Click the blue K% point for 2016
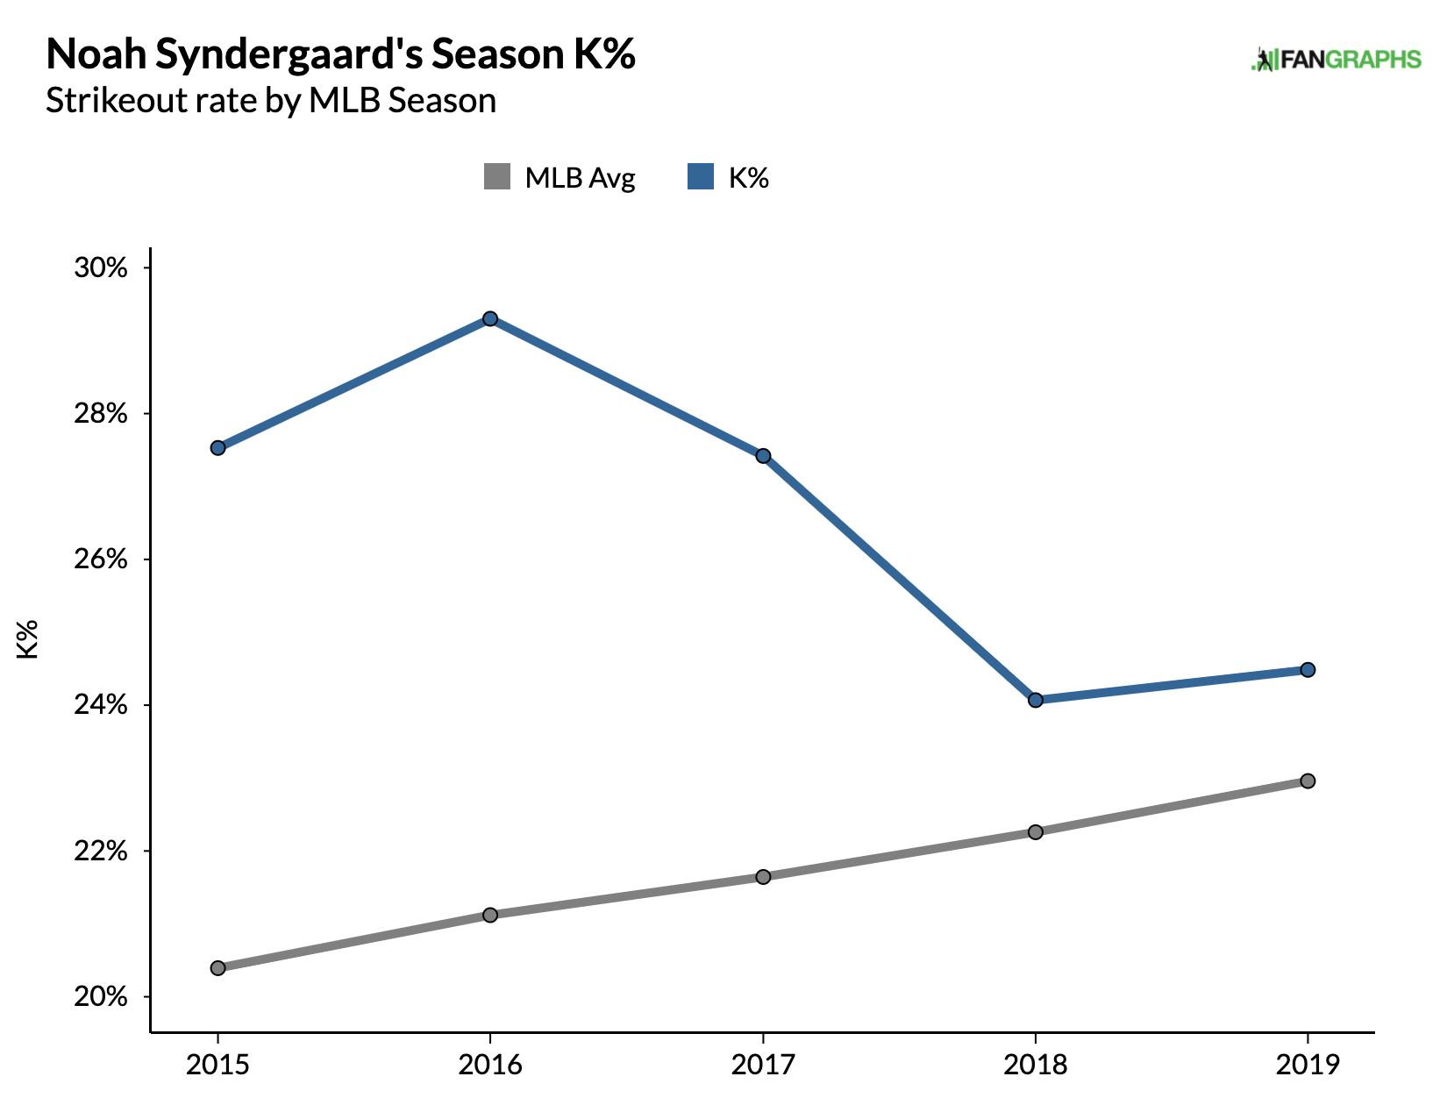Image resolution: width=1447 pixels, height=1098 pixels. coord(490,318)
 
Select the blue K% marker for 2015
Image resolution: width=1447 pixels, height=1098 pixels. coord(218,448)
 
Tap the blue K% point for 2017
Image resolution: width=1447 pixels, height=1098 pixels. coord(763,456)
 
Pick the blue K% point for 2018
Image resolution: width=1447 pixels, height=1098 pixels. coord(1036,700)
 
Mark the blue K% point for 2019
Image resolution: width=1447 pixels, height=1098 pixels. coord(1308,670)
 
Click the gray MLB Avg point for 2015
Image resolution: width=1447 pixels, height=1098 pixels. coord(218,968)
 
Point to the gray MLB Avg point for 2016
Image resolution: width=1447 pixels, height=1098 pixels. coord(490,916)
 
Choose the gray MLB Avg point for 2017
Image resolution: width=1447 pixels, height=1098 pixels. coord(763,877)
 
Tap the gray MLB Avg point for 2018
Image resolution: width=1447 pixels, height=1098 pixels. coord(1036,831)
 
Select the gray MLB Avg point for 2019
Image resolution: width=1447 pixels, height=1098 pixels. coord(1308,781)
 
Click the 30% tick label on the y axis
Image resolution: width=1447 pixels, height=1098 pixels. coord(101,267)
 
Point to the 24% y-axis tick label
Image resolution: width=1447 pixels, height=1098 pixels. coord(101,705)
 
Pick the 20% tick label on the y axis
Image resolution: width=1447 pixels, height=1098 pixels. coord(101,997)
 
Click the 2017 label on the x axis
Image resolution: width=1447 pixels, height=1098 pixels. coord(763,1065)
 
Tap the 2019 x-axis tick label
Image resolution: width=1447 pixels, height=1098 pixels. coord(1308,1065)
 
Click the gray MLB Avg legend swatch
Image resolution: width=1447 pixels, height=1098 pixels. coord(497,177)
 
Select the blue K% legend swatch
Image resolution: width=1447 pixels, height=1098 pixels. coord(701,177)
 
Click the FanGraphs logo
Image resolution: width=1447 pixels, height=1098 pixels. coord(1336,60)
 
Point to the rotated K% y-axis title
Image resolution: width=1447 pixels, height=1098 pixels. coord(28,638)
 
